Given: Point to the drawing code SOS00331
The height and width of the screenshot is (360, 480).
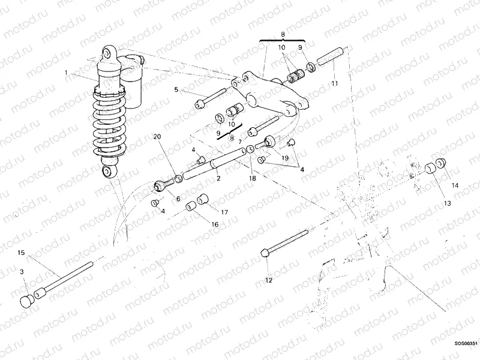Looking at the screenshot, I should click(x=466, y=344).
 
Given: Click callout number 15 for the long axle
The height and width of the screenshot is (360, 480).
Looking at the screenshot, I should click(x=21, y=253).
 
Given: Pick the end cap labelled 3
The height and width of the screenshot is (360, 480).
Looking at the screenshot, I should click(x=26, y=300).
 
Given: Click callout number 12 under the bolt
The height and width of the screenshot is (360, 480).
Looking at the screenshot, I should click(x=269, y=280).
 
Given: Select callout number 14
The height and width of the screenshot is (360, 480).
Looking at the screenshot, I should click(x=454, y=186).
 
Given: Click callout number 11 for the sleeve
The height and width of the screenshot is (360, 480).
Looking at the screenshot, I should click(x=335, y=85).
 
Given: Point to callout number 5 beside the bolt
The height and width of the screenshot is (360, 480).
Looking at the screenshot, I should click(x=176, y=90).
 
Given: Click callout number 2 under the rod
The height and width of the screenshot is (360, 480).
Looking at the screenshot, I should click(x=218, y=178).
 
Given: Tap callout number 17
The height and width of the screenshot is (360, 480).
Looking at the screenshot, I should click(x=224, y=212).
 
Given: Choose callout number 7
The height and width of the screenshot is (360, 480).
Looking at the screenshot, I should click(x=239, y=142).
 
